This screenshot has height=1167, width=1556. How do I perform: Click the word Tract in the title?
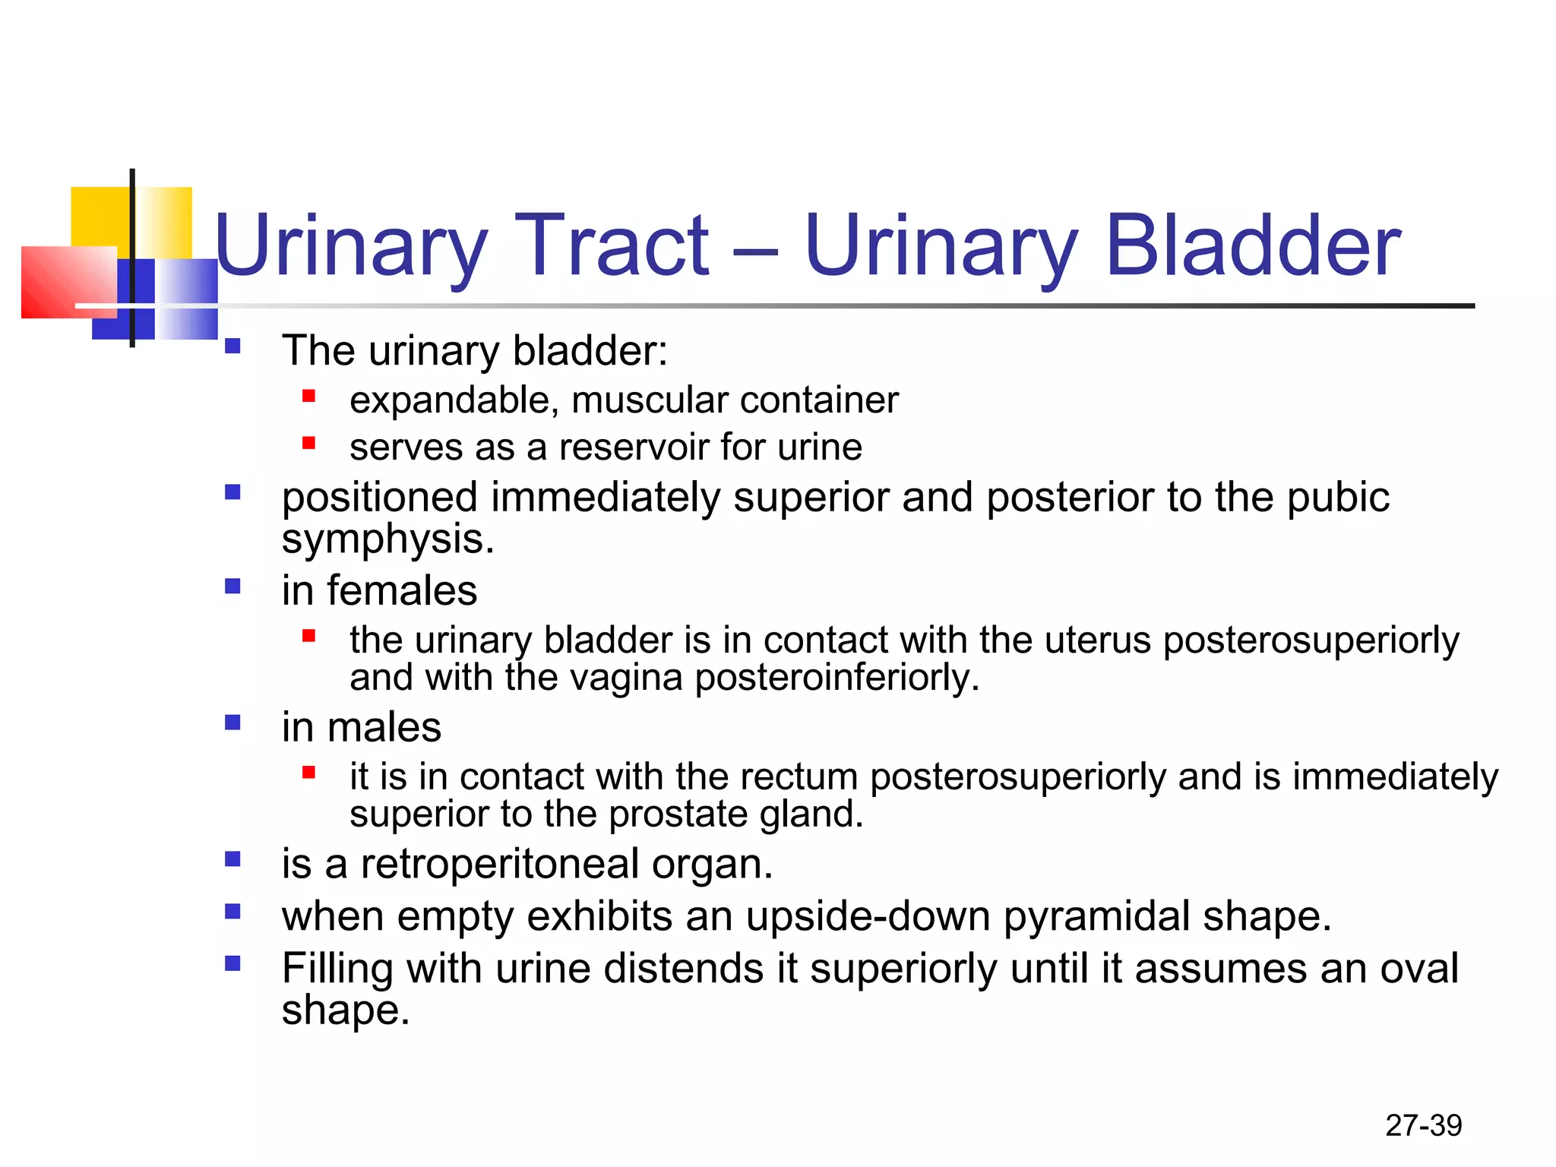(612, 245)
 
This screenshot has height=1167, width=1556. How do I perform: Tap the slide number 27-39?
(1423, 1125)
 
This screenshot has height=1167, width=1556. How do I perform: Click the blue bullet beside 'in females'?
(232, 587)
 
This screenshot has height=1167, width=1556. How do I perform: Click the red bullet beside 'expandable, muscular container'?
(308, 396)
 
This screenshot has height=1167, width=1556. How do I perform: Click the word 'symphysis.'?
(387, 539)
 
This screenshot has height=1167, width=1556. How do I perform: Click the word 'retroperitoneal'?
(499, 865)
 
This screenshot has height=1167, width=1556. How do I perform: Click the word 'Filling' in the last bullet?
(337, 969)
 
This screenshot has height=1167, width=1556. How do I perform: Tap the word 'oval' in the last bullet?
(1418, 969)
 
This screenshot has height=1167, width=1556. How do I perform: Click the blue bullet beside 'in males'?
(232, 723)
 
